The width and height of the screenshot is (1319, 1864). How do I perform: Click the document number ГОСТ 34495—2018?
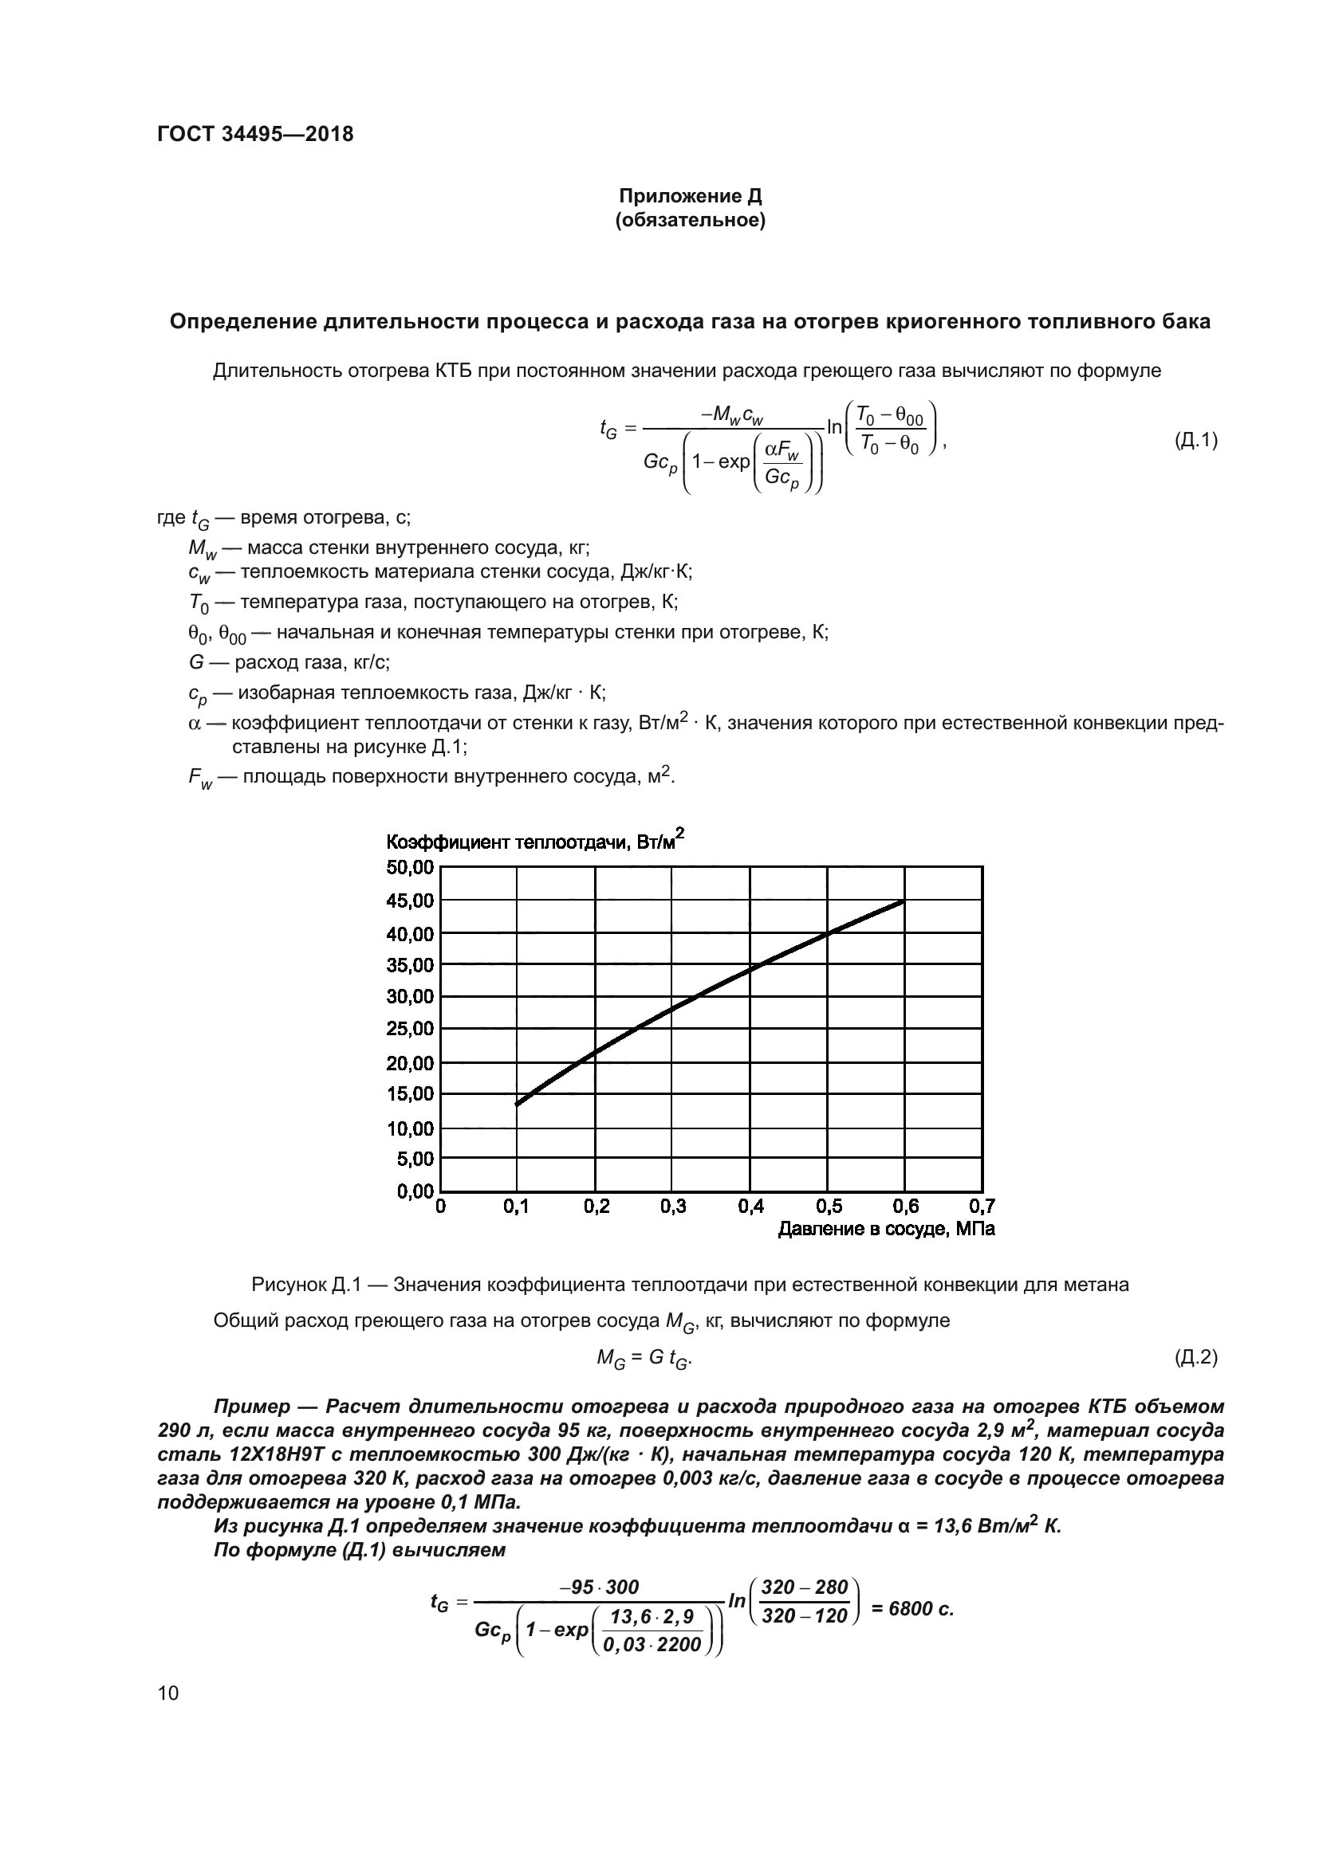pos(255,135)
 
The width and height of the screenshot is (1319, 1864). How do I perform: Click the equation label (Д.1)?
pos(1195,441)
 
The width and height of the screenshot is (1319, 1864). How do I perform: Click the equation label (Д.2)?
pos(1195,1356)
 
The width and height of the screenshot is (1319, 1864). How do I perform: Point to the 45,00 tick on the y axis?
pos(410,901)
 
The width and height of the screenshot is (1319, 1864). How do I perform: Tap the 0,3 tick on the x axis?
pos(673,1207)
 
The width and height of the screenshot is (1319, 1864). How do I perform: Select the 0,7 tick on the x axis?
pos(982,1207)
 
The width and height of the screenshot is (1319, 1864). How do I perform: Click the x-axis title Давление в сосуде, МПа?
pos(886,1229)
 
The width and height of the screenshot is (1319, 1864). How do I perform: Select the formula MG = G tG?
pos(644,1357)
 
